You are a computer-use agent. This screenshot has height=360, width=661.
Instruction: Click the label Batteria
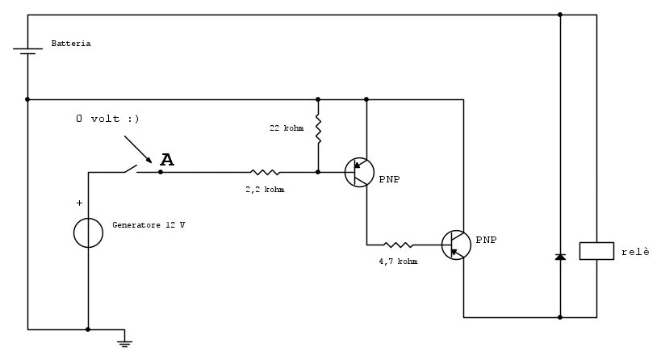click(71, 44)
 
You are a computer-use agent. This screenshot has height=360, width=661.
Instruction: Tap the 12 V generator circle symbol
click(88, 232)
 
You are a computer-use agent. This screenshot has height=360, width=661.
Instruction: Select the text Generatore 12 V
click(149, 224)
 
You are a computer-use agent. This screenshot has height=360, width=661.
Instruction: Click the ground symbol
click(124, 342)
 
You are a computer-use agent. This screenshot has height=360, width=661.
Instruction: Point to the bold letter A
click(166, 160)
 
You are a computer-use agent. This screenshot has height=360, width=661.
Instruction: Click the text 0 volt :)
click(107, 119)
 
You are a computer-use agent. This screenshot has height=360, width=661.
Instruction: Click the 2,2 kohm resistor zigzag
click(265, 172)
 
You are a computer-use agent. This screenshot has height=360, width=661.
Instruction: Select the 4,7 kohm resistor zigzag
click(398, 244)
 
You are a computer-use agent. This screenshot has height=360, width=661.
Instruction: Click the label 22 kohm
click(287, 128)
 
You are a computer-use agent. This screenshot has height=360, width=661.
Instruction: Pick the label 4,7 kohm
click(398, 262)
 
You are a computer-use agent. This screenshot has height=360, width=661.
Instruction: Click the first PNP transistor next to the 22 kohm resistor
click(359, 172)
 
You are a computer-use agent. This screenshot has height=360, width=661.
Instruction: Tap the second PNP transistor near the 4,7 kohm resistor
click(456, 244)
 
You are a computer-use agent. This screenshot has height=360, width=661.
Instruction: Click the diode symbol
click(560, 257)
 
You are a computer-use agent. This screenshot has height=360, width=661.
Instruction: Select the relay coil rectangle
click(596, 250)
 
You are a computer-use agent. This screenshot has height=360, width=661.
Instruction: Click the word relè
click(634, 252)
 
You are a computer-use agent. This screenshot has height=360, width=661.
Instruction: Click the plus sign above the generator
click(79, 203)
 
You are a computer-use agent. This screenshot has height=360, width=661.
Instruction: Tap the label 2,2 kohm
click(265, 190)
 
